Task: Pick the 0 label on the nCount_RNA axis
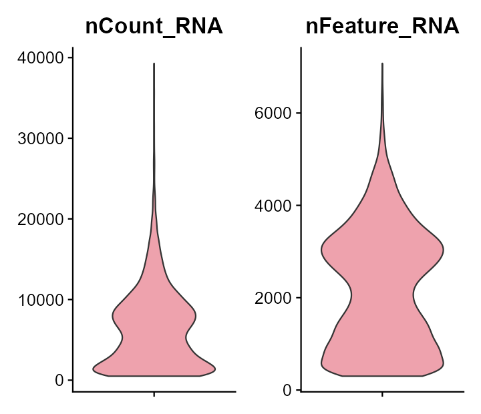click(x=59, y=380)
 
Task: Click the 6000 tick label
click(x=273, y=113)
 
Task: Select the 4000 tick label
click(x=273, y=205)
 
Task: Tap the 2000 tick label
click(x=273, y=297)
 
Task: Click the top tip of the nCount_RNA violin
click(x=154, y=64)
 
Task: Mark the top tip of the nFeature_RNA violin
click(x=382, y=64)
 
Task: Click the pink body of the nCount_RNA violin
click(x=154, y=334)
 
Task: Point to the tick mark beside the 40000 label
click(x=70, y=58)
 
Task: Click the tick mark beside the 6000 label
click(x=299, y=113)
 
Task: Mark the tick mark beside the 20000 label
click(x=70, y=219)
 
